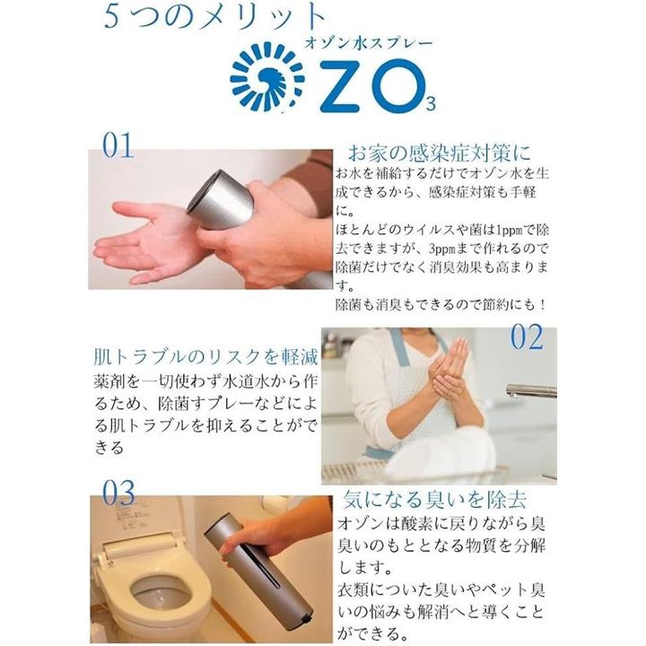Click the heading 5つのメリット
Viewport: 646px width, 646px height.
214,18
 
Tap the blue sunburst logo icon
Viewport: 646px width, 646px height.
267,77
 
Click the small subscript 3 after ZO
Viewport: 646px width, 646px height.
430,104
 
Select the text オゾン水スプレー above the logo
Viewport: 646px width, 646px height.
369,43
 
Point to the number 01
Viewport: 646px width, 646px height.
118,145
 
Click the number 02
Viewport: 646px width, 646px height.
527,337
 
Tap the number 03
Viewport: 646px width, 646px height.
118,493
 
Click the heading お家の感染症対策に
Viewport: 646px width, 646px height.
439,153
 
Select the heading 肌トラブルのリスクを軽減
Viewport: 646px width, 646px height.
205,357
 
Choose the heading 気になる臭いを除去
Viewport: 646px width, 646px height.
435,500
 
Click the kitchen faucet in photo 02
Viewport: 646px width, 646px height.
530,389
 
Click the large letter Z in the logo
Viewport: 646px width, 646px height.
343,86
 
